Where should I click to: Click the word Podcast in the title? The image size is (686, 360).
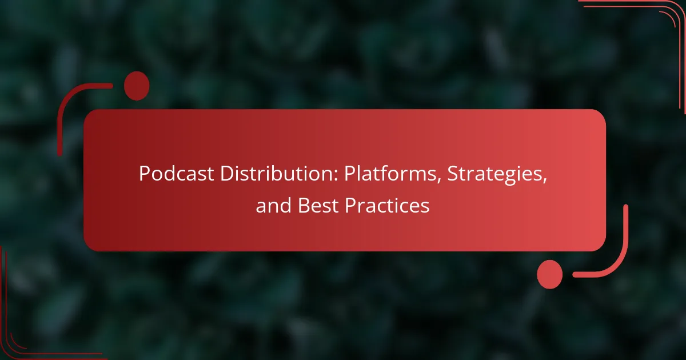177,174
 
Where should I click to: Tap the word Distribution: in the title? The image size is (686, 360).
280,174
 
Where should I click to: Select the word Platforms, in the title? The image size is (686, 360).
393,174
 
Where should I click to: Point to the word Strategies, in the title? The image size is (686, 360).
497,174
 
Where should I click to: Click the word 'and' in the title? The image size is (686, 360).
273,205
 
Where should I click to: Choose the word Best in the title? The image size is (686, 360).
318,205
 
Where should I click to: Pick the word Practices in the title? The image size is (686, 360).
387,205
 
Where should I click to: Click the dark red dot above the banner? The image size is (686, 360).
137,86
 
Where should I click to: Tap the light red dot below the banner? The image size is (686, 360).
550,274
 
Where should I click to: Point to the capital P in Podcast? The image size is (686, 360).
145,174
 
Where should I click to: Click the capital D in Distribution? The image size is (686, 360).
228,174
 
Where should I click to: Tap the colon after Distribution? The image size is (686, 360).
336,177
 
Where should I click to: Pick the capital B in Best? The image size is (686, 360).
304,205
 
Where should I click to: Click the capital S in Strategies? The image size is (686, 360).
453,174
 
